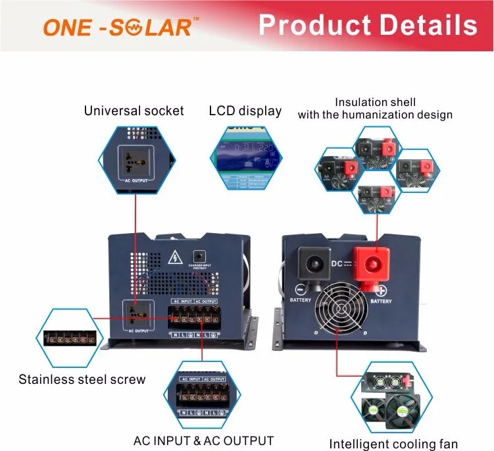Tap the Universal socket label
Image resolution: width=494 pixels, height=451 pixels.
(x=134, y=111)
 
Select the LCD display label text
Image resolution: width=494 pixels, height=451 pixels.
(x=245, y=111)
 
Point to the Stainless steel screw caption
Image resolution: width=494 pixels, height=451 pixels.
(x=82, y=379)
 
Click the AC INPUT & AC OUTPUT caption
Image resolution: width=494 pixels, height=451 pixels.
(x=203, y=440)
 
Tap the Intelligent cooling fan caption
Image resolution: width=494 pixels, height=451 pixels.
(x=393, y=444)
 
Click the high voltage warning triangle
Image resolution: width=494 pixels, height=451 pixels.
(x=176, y=257)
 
